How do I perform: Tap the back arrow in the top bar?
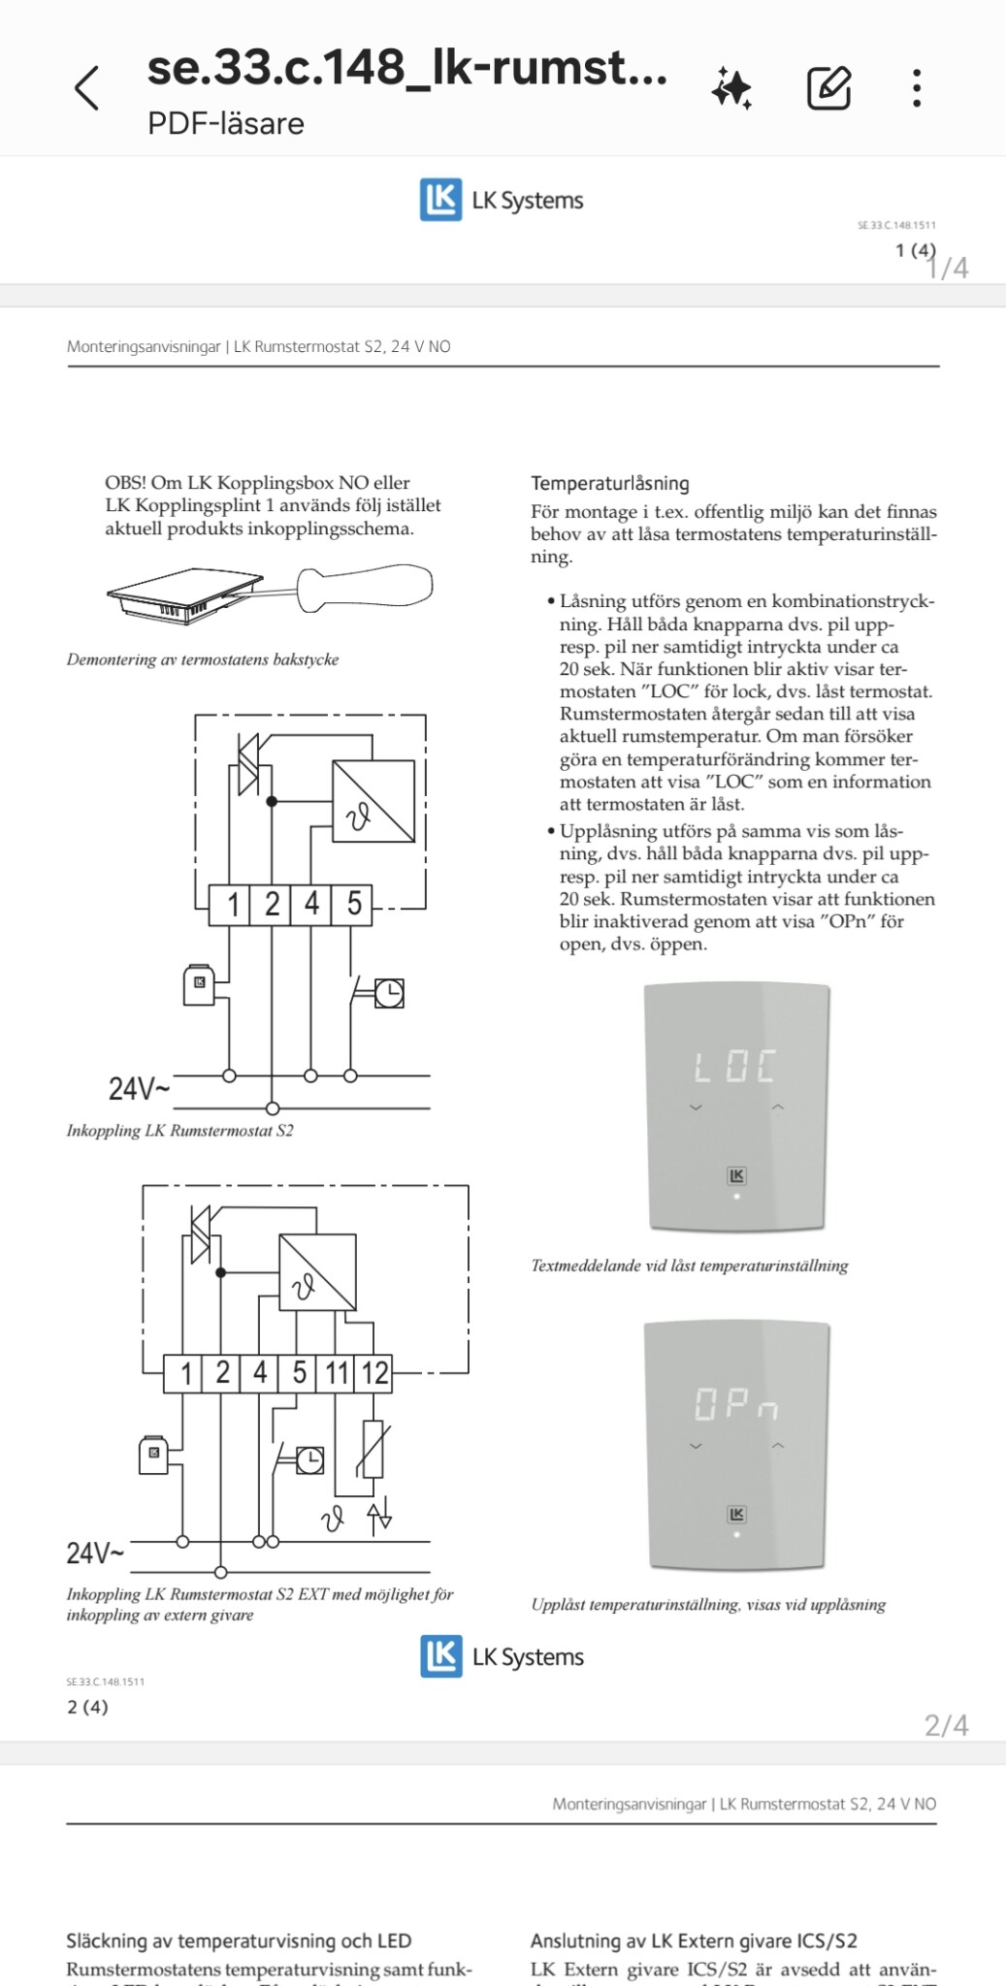87,88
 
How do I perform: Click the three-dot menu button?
916,88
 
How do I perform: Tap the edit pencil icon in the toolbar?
828,88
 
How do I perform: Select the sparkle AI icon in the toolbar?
732,88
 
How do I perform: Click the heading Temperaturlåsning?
609,483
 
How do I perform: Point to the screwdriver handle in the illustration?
364,588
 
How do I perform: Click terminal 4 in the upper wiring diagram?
311,904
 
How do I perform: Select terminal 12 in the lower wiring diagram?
374,1373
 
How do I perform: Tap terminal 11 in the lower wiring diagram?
337,1373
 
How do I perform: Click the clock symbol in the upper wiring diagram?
389,993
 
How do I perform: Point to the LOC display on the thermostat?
734,1067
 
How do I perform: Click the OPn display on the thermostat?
735,1404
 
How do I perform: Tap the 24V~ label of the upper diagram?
139,1089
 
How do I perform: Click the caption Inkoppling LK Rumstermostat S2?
179,1131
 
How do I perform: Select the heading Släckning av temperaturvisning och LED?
239,1940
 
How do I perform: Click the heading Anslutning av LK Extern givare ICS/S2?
694,1940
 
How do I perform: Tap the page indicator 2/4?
946,1725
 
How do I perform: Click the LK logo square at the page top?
440,200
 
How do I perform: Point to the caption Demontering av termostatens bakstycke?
203,659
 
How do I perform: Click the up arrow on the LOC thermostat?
777,1106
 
